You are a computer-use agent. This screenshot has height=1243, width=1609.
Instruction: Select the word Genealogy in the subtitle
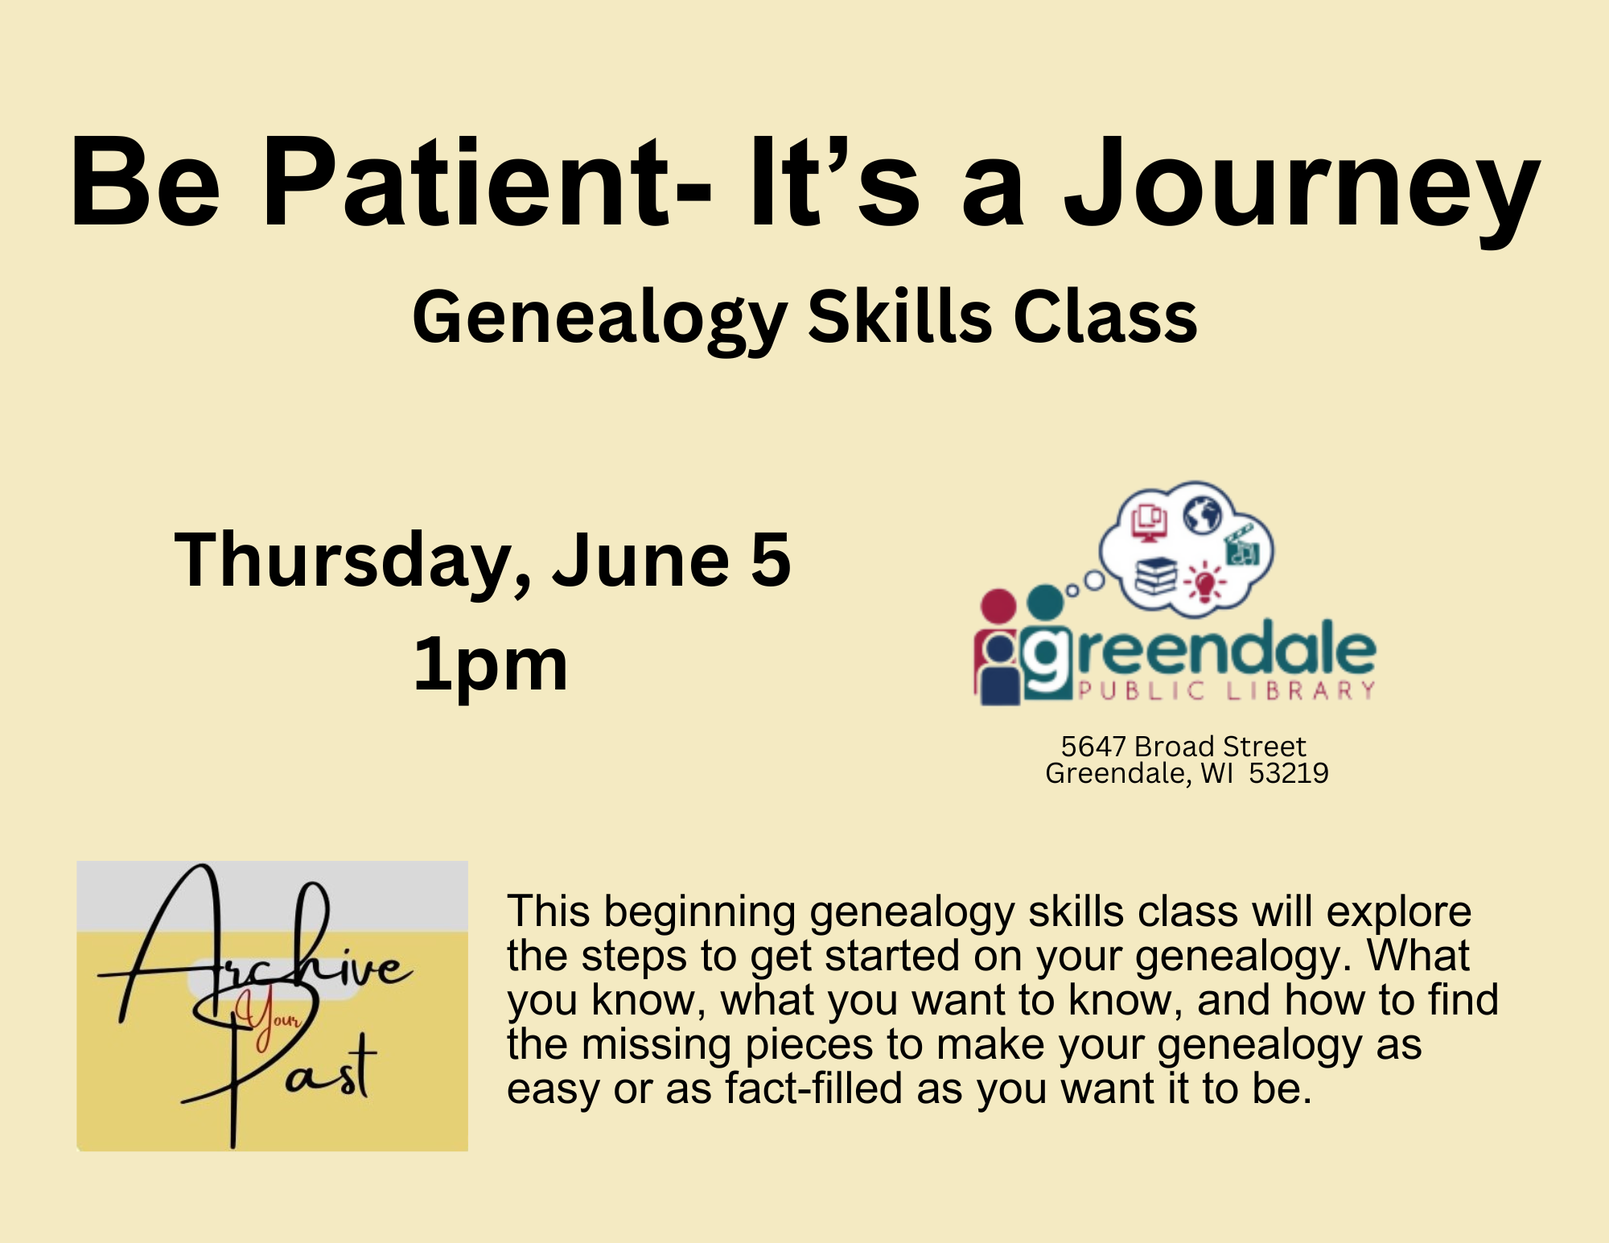[x=599, y=320]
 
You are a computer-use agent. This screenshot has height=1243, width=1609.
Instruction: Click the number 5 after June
[x=771, y=561]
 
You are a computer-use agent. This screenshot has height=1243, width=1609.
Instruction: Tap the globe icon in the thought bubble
[x=1203, y=515]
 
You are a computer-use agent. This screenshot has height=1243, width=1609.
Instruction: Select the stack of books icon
[x=1156, y=575]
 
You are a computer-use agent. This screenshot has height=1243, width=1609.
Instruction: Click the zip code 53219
[x=1288, y=773]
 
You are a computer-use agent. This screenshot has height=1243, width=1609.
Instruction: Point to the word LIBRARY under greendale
[x=1301, y=690]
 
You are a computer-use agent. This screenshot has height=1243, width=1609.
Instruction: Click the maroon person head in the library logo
[x=998, y=606]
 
